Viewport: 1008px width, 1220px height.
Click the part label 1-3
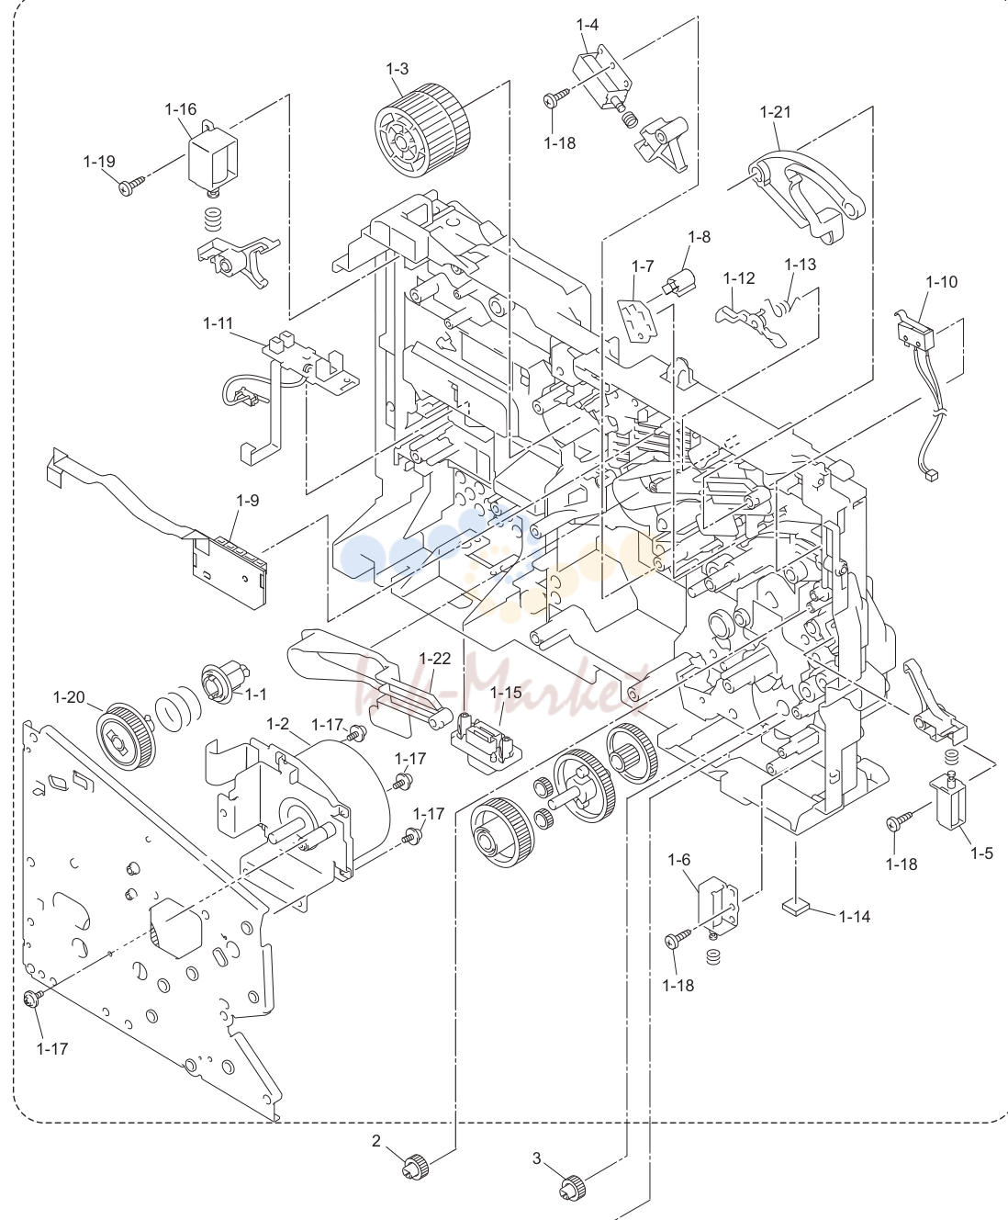click(398, 69)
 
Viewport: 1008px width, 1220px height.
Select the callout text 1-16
click(181, 109)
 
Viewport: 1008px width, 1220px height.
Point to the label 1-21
click(776, 111)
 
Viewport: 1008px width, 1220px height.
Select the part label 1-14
click(855, 917)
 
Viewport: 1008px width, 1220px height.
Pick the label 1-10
click(941, 282)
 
